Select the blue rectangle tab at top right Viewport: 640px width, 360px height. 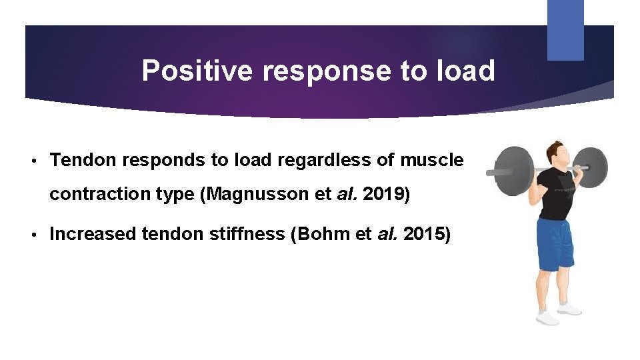tap(565, 30)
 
